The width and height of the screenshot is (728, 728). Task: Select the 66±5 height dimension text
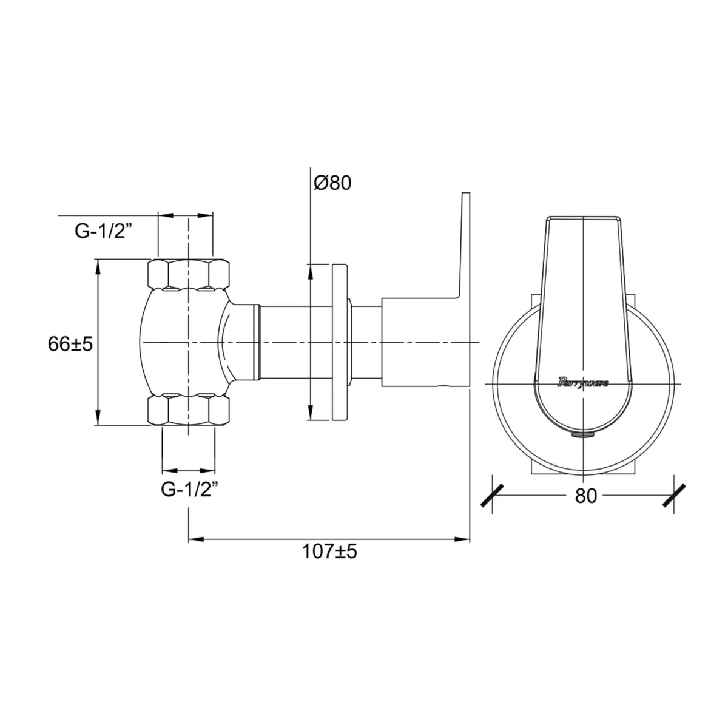pos(70,344)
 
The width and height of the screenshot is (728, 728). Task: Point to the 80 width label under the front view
pos(586,496)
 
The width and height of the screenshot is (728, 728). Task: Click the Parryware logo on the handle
pos(583,383)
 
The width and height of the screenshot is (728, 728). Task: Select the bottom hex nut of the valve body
pos(189,410)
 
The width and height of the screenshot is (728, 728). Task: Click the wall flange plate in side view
pos(340,342)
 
